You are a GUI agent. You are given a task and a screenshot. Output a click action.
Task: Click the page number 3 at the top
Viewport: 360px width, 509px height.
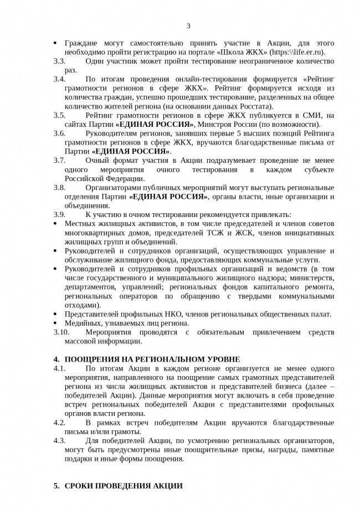click(188, 25)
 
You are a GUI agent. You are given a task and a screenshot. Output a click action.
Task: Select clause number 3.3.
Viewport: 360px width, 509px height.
click(59, 61)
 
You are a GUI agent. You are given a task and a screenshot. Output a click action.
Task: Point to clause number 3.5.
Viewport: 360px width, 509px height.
click(59, 115)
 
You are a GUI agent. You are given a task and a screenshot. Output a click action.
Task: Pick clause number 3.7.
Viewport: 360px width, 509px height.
click(59, 161)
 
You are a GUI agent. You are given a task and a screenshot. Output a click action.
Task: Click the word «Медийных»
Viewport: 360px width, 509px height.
click(83, 323)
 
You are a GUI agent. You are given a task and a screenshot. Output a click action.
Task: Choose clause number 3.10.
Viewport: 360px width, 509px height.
click(61, 332)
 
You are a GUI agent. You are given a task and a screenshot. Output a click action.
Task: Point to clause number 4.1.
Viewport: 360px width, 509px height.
click(59, 368)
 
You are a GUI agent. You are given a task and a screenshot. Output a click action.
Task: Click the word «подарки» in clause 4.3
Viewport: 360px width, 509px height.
click(79, 459)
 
